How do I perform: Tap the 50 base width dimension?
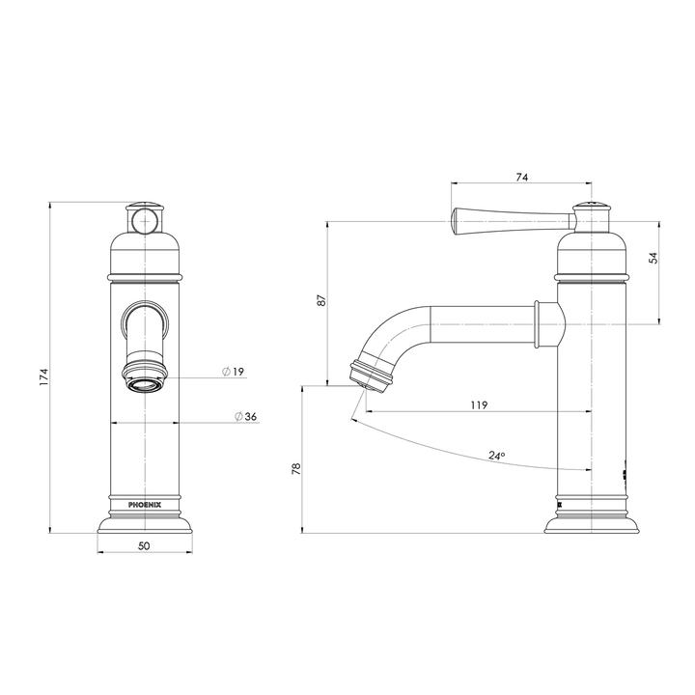click(145, 545)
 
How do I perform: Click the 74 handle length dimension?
click(522, 178)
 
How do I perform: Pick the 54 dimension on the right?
click(653, 258)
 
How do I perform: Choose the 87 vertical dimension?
click(320, 302)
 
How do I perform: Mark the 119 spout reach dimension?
click(478, 405)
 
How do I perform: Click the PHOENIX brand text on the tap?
click(145, 503)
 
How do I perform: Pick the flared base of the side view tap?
click(592, 524)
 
